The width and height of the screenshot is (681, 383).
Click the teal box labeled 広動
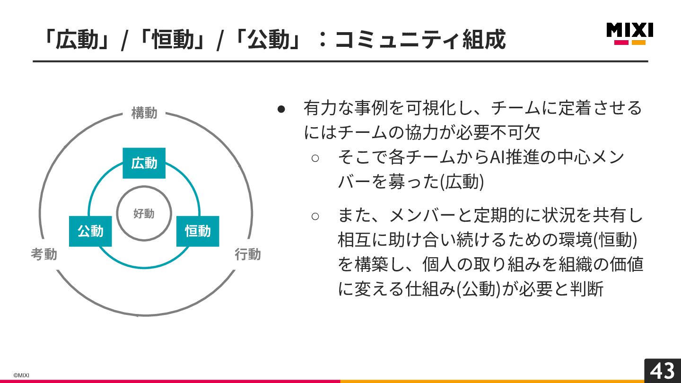pyautogui.click(x=144, y=163)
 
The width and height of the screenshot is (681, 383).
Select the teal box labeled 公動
pyautogui.click(x=90, y=231)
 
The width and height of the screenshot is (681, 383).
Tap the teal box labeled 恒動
pyautogui.click(x=198, y=231)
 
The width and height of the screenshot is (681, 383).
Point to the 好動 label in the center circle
pyautogui.click(x=144, y=214)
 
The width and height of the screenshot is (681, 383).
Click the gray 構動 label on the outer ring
pyautogui.click(x=144, y=113)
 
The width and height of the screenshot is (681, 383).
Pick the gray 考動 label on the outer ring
pyautogui.click(x=44, y=254)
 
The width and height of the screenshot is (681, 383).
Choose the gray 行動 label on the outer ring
pyautogui.click(x=248, y=254)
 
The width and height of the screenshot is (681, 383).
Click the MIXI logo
pyautogui.click(x=629, y=30)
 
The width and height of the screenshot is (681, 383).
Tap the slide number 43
pyautogui.click(x=663, y=371)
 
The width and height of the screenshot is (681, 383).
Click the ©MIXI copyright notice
pyautogui.click(x=21, y=375)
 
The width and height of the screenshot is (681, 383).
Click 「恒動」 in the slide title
pyautogui.click(x=171, y=40)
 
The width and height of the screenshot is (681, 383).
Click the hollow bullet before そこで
pyautogui.click(x=315, y=158)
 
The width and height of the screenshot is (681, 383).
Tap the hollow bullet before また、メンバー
pyautogui.click(x=315, y=217)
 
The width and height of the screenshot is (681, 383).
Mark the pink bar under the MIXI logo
pyautogui.click(x=621, y=43)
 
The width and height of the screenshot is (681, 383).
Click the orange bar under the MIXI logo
pyautogui.click(x=638, y=43)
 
